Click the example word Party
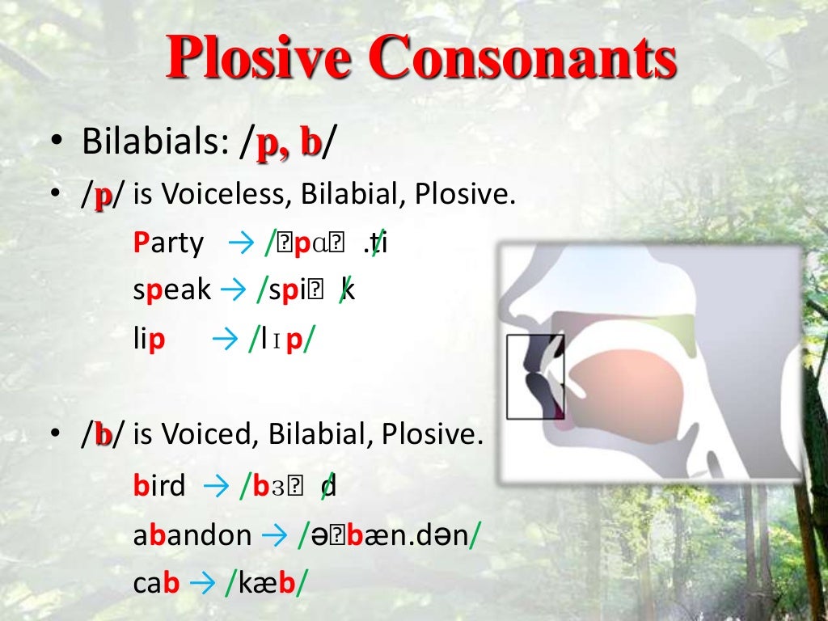point(168,242)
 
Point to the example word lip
point(150,339)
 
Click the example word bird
point(159,486)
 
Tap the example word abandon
point(192,534)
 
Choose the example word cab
point(156,583)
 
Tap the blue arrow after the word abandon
point(274,534)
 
